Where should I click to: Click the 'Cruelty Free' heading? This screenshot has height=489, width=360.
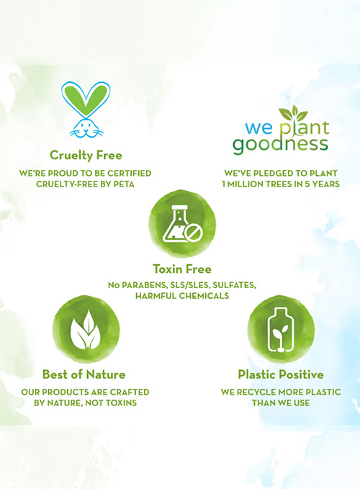pyautogui.click(x=86, y=156)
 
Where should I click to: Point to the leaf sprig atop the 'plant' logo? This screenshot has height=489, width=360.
pyautogui.click(x=293, y=114)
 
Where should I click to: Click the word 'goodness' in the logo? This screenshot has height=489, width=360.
pyautogui.click(x=280, y=145)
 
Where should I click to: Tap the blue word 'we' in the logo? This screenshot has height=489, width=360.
pyautogui.click(x=258, y=128)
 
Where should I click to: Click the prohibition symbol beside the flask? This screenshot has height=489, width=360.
pyautogui.click(x=194, y=233)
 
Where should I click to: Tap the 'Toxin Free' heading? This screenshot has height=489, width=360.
pyautogui.click(x=182, y=269)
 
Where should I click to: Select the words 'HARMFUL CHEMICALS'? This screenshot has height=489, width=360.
pyautogui.click(x=182, y=296)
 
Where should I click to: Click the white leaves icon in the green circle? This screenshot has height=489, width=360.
pyautogui.click(x=86, y=329)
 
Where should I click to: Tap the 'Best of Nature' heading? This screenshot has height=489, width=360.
pyautogui.click(x=84, y=374)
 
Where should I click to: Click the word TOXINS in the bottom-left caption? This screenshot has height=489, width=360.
pyautogui.click(x=120, y=403)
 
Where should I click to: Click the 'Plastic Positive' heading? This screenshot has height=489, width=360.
pyautogui.click(x=281, y=374)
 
